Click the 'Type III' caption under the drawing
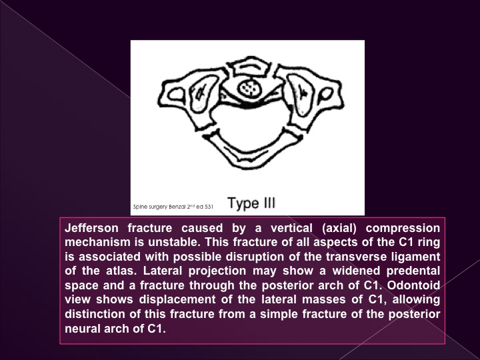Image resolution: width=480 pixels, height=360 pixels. [251, 203]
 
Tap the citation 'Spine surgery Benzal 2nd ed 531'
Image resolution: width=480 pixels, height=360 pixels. [173, 207]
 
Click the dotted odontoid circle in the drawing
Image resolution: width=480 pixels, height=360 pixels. [251, 89]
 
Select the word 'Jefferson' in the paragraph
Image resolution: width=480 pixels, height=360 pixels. [91, 228]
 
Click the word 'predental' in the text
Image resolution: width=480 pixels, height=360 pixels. [413, 271]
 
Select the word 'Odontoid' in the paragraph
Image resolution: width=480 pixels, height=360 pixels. [413, 285]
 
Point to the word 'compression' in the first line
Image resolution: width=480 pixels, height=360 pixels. [403, 229]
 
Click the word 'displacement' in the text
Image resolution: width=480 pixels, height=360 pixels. [177, 299]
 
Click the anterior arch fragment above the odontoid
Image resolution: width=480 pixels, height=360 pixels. [251, 67]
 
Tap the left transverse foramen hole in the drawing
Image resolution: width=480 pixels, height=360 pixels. [176, 94]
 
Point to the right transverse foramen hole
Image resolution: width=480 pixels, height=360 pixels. [325, 94]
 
